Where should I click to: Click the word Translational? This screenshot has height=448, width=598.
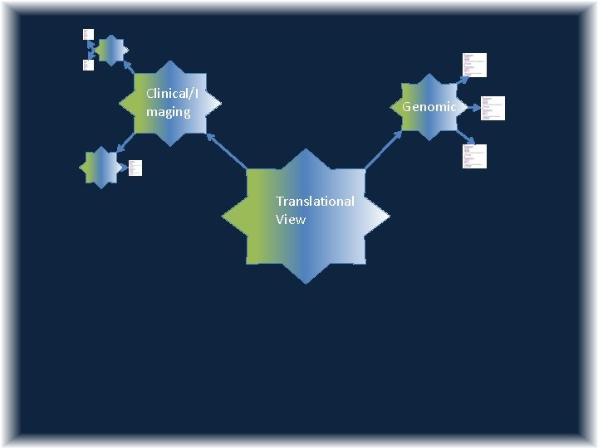coord(315,202)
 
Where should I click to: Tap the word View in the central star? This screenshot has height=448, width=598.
coord(291,220)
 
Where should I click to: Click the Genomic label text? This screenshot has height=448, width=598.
coord(429,107)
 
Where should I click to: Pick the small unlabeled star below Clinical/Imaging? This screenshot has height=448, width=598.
coord(101,167)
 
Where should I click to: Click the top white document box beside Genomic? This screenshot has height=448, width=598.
coord(474,65)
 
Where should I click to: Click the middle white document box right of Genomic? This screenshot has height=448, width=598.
coord(493,108)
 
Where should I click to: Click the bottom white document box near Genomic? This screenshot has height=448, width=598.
coord(474,156)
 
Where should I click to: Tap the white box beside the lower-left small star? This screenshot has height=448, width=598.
coord(135,168)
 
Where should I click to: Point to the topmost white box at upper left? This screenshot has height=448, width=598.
coord(87,34)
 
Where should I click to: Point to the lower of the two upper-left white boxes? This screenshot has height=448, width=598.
coord(87,65)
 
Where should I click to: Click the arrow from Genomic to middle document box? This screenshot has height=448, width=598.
coord(470,107)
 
